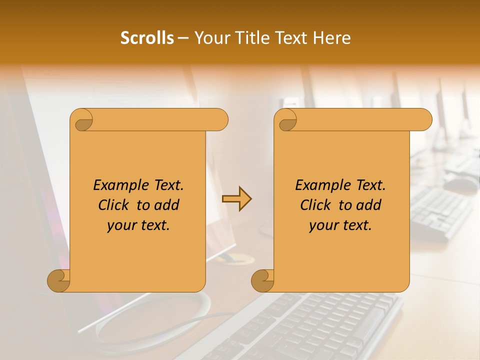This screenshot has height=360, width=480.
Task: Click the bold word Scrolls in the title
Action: (x=147, y=38)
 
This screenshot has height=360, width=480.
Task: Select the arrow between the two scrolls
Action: (x=236, y=199)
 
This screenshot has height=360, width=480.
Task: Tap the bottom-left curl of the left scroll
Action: (x=59, y=280)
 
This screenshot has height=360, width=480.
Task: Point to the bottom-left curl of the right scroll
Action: (x=263, y=280)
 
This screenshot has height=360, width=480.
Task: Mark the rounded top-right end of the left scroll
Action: (x=220, y=119)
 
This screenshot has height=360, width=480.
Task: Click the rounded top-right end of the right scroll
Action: (x=424, y=119)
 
